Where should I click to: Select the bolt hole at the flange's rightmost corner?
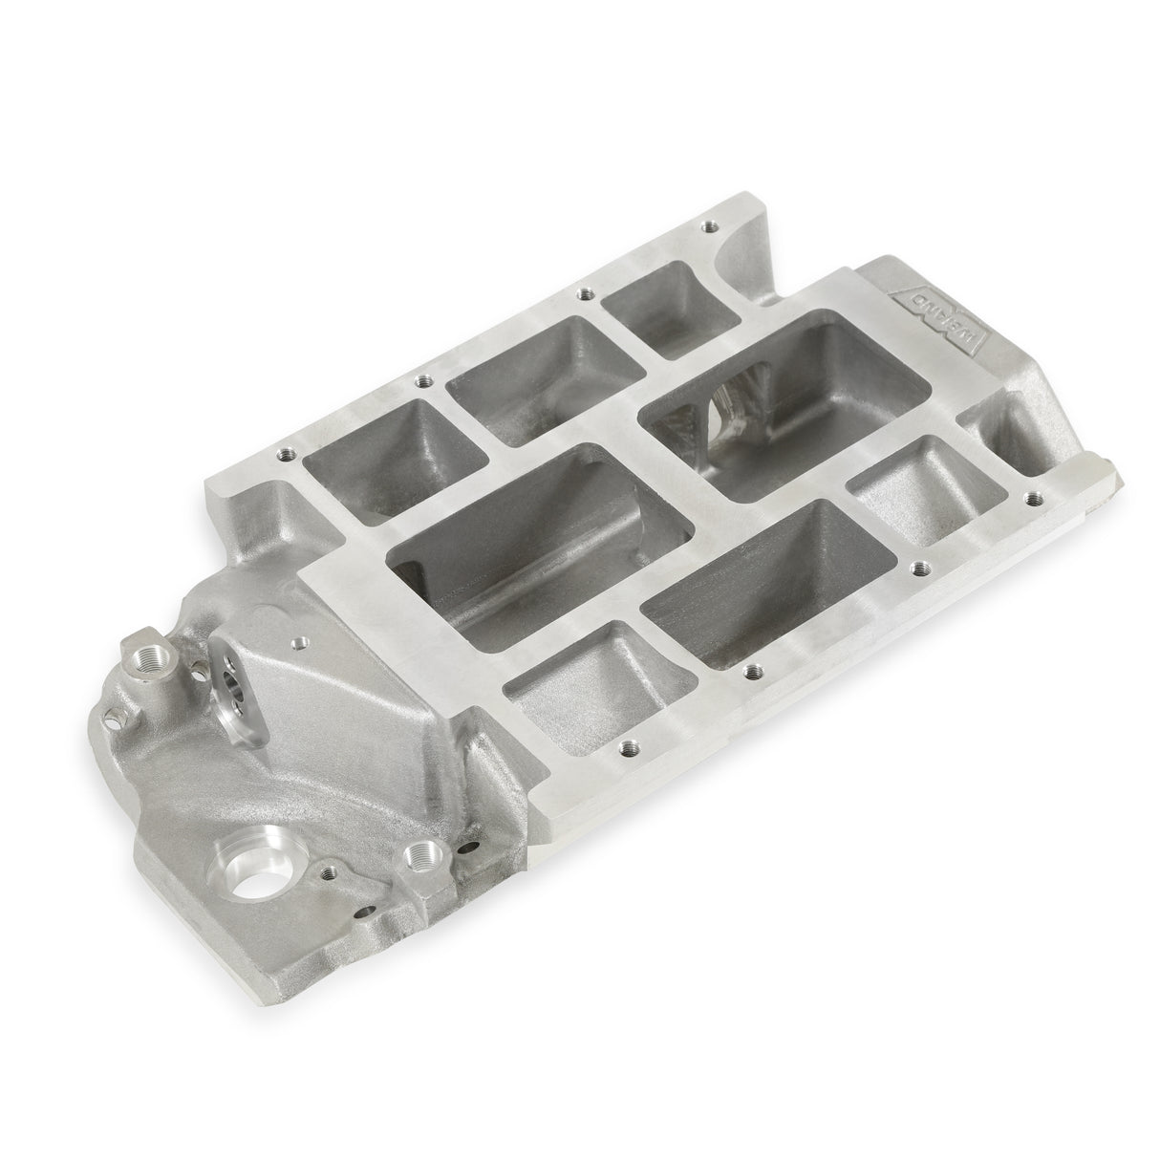(1030, 497)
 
